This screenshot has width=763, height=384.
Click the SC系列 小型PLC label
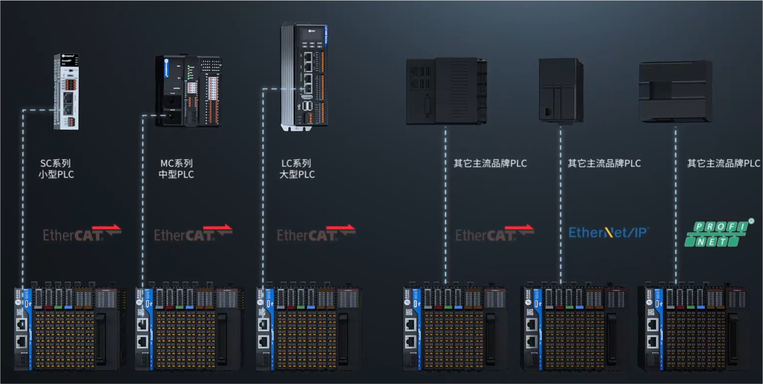coord(56,169)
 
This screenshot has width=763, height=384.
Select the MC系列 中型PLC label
coord(176,169)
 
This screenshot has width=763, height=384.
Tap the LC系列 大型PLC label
coord(297,169)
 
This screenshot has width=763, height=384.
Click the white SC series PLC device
coord(66,92)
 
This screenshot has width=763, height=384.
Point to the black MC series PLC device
coord(188,91)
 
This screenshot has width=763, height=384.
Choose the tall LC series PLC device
coord(304,77)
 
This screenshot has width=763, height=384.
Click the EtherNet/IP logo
coord(608,232)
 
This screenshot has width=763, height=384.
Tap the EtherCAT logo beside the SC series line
coord(82,233)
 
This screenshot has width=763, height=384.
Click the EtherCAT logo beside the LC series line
coord(316,233)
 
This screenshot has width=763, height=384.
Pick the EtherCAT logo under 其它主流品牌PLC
coord(495,233)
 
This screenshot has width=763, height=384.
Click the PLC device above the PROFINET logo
coord(676,92)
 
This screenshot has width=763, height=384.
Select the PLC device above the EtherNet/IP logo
coord(561,91)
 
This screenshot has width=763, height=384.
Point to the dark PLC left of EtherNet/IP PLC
coord(446,92)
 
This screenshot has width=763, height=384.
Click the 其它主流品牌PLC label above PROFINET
coord(723,163)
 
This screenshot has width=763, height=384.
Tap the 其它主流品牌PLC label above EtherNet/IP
coord(604,163)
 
